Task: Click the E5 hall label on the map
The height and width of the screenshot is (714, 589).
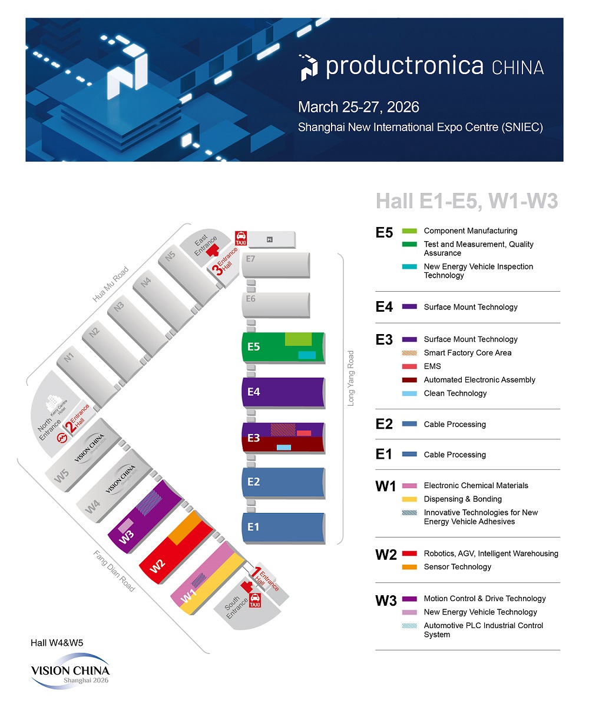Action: click(253, 347)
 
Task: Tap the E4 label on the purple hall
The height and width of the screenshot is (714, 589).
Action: click(253, 392)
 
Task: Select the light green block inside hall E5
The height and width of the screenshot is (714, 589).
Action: click(298, 339)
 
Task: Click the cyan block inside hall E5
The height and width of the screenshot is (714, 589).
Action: click(307, 355)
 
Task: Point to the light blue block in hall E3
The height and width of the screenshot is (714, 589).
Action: click(284, 448)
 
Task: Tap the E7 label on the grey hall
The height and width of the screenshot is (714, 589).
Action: click(251, 259)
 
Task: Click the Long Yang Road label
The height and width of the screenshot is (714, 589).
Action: click(351, 378)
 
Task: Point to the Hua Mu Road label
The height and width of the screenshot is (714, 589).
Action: click(110, 285)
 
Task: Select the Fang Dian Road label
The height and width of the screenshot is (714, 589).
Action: click(114, 570)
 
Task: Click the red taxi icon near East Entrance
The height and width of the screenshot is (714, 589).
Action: click(241, 238)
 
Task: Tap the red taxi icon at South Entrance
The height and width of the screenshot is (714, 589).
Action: click(255, 600)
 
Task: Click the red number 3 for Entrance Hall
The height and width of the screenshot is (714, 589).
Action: click(217, 270)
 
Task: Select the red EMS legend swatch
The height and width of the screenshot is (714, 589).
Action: click(409, 366)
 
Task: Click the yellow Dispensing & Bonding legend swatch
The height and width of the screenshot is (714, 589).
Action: click(409, 499)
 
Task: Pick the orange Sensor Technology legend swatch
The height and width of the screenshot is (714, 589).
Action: click(409, 567)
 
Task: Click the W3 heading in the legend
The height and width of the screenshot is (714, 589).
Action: click(386, 600)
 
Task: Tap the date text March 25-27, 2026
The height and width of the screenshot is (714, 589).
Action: click(358, 107)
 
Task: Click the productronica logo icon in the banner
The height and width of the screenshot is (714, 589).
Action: click(309, 67)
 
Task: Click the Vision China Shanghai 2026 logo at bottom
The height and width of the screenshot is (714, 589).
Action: click(70, 671)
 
